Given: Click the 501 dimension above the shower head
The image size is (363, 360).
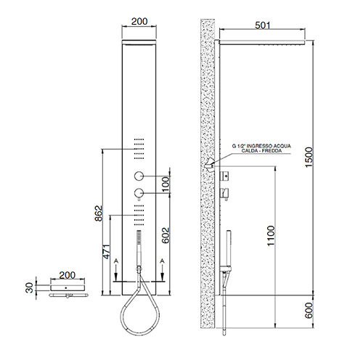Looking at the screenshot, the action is coord(263,25).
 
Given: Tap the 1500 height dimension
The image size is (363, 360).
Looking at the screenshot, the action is coord(309,157).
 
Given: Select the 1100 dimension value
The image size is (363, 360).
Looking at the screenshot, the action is coord(271,236).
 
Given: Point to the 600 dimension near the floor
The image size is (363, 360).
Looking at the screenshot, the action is coord(309,311).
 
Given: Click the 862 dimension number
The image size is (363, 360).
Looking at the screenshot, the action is coord(99,213).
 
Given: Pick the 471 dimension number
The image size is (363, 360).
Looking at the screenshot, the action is coord(107,252).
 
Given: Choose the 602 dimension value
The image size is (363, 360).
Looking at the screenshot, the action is coord(166,235).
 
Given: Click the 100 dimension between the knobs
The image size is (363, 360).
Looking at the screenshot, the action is coord(166,184).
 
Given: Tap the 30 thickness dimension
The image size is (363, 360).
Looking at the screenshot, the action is coord(30,287).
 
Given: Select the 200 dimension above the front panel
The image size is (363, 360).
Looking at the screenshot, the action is coord(139,21).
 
